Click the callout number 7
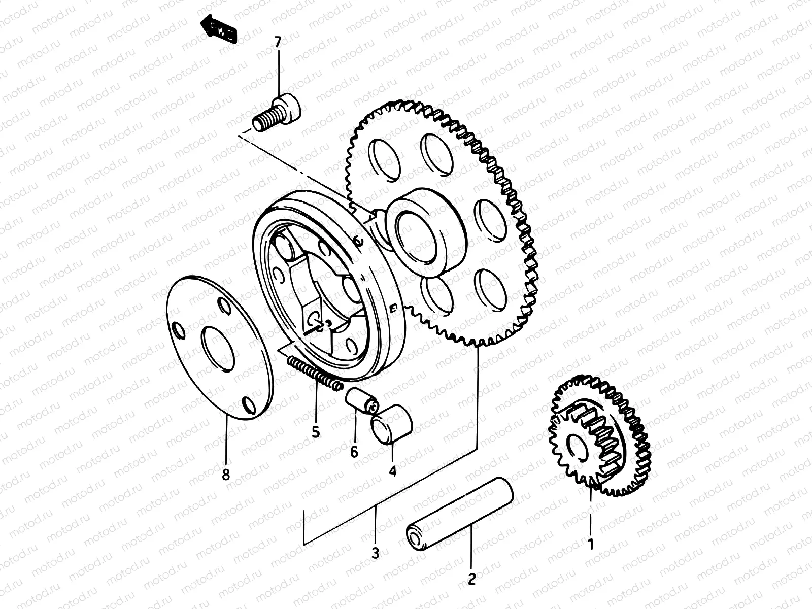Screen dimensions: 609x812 [277, 43]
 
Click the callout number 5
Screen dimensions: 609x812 [316, 432]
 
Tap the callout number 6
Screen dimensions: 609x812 [354, 451]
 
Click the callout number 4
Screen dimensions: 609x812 [392, 471]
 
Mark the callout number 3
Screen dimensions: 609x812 [375, 553]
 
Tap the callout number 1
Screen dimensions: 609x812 [590, 545]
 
